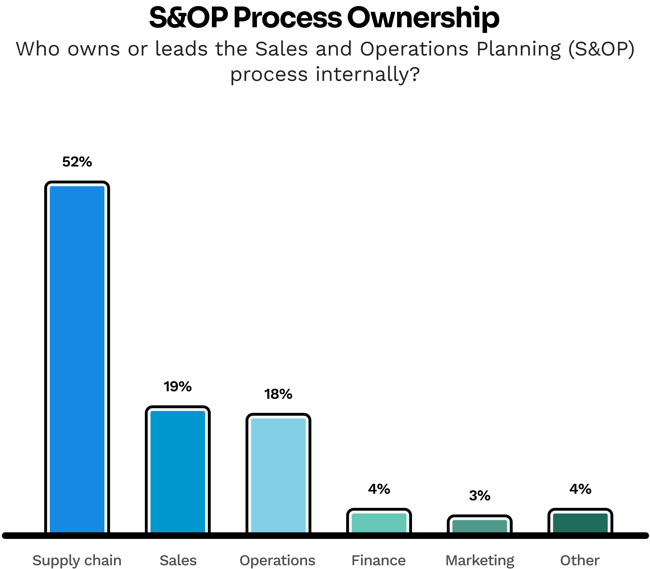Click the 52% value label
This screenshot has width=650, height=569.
point(77,162)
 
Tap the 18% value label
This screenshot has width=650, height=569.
point(278,394)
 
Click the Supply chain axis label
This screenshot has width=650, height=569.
point(77,560)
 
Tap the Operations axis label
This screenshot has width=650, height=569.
point(277,560)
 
